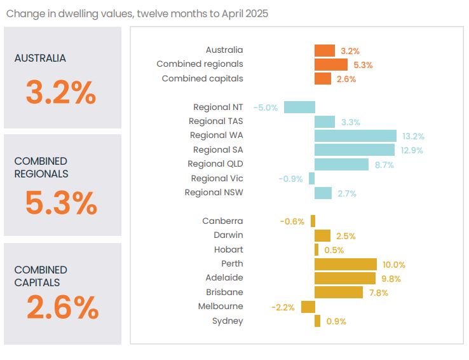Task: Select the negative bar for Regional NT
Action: [x=299, y=107]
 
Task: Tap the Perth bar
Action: [x=345, y=264]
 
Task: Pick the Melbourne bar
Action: [x=308, y=307]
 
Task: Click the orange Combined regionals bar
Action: [x=331, y=65]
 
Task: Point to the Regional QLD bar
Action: [x=341, y=164]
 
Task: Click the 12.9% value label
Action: [x=411, y=150]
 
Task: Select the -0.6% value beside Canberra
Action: [x=292, y=221]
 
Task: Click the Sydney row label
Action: [x=228, y=321]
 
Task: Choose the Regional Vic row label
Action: [x=217, y=179]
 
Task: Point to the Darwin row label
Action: [x=228, y=235]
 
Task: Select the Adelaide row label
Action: [x=224, y=278]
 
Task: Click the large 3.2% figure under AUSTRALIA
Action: [x=61, y=93]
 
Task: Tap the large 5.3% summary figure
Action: [x=61, y=203]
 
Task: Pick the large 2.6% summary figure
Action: [x=62, y=308]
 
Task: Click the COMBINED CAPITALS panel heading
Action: [x=41, y=276]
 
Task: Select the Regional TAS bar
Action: [x=325, y=121]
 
